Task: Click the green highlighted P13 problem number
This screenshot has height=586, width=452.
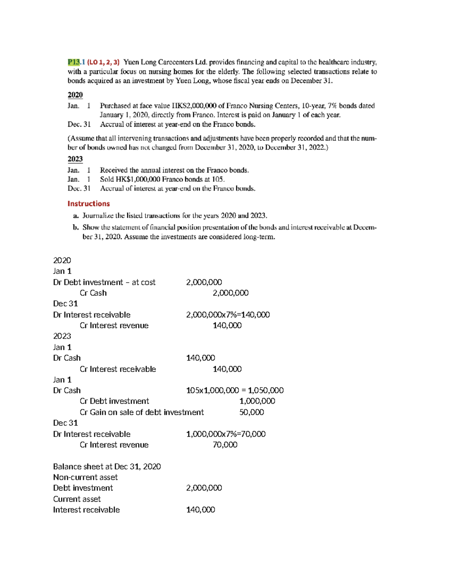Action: coord(74,62)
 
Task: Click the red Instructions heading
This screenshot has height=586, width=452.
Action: coord(89,204)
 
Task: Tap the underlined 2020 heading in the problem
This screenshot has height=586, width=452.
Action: coord(75,95)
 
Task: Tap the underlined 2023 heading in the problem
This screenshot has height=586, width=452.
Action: coord(75,159)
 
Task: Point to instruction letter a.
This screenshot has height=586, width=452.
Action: coord(76,216)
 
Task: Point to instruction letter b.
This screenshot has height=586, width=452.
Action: coord(76,228)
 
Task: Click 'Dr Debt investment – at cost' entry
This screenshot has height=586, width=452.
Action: coord(104,282)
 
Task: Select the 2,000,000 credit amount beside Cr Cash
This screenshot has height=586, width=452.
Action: coord(231,293)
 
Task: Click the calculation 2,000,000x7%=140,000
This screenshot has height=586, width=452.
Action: coord(228,315)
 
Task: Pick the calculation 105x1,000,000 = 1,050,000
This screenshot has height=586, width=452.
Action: coord(235,391)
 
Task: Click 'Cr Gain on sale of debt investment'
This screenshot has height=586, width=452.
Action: coord(142,412)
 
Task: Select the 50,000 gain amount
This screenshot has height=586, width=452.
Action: coord(252,412)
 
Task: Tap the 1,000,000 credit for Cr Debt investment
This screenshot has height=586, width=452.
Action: coord(257,401)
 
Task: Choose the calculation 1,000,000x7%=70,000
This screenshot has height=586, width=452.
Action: coord(226,434)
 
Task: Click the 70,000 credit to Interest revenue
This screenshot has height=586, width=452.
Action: coord(225,445)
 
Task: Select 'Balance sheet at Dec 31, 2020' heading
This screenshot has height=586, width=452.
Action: coord(107,467)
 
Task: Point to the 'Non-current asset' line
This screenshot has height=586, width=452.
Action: coord(85,477)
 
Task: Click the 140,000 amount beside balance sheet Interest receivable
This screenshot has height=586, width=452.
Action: coord(200,510)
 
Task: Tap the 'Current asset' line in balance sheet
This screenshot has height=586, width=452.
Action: coord(77,499)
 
